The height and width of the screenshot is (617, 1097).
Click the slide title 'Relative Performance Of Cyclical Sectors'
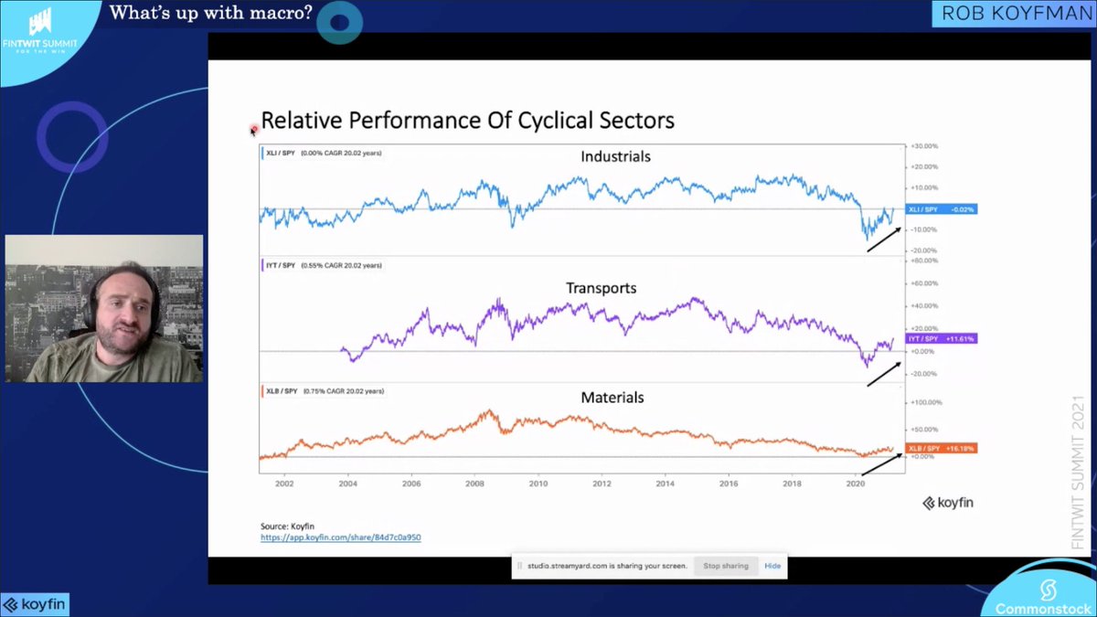[467, 120]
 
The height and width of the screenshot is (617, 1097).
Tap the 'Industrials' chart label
[615, 156]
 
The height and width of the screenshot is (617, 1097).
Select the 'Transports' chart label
[601, 288]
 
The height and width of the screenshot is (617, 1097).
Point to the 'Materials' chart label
[612, 398]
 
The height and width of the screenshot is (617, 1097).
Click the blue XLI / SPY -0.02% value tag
[942, 209]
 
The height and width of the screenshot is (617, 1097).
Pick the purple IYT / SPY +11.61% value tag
[942, 338]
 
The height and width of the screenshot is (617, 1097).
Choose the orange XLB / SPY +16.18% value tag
[942, 448]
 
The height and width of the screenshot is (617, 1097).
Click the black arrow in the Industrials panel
[883, 239]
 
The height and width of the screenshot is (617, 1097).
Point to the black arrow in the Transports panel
[883, 373]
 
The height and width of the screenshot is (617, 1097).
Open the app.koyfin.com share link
[341, 537]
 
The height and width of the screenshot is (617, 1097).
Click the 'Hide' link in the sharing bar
[772, 566]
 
